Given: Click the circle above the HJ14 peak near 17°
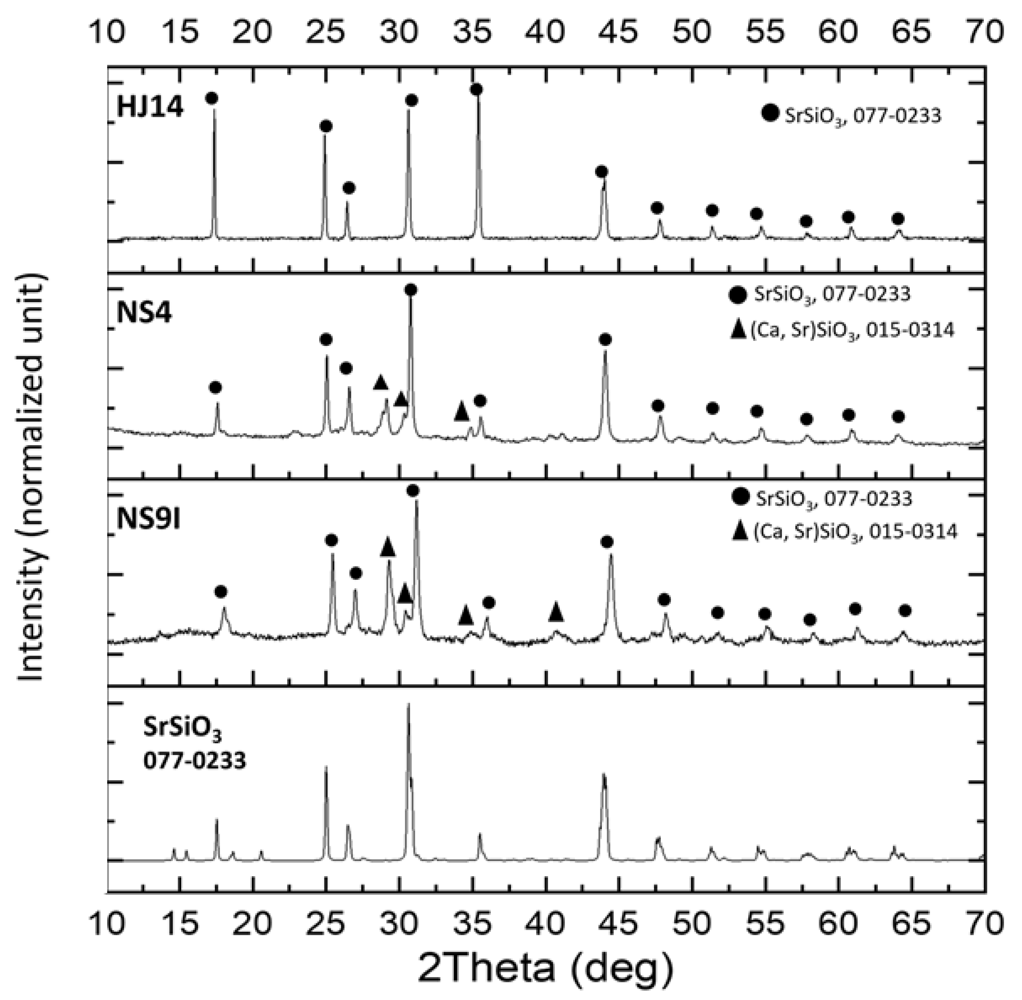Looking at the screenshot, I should pos(212,98).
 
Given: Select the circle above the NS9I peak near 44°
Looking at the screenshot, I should pos(607,542).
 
